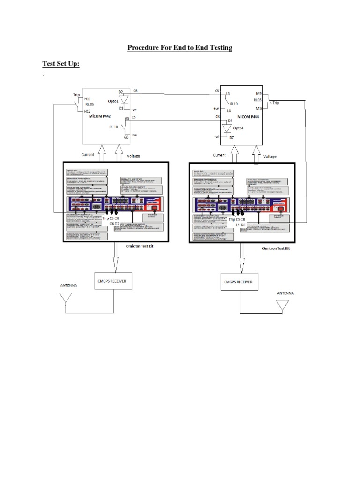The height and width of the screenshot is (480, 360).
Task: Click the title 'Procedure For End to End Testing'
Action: coord(180,48)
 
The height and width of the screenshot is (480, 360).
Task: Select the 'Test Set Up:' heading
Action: coord(61,64)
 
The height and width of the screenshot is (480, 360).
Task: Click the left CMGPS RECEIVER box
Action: coord(113,281)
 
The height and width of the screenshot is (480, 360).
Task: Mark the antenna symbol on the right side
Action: coord(283,306)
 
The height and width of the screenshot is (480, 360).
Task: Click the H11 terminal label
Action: coord(88,99)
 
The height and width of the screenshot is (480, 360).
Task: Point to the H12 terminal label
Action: coord(87,111)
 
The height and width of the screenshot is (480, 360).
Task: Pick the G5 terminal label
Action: coord(127,119)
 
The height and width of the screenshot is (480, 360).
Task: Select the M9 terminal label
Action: coord(259,93)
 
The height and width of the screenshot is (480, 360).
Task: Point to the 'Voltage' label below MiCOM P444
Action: coord(270,156)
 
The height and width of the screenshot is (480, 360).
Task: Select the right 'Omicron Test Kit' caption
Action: coord(276,248)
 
